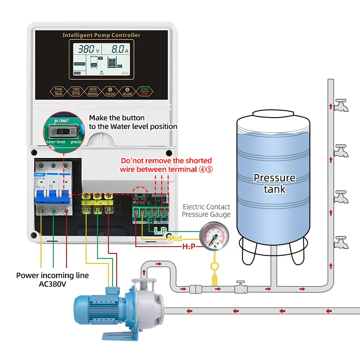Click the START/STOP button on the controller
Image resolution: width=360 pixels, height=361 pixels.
pos(145,92)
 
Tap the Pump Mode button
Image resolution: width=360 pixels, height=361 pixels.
pos(58,92)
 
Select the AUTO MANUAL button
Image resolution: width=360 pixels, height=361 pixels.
pos(93,92)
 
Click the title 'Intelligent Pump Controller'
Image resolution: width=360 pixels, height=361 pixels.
pos(101,35)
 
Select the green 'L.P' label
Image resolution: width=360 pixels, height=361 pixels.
pos(160,231)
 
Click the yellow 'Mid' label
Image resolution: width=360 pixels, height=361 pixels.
pos(175,238)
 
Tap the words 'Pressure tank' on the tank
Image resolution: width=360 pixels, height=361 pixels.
pos(274,183)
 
